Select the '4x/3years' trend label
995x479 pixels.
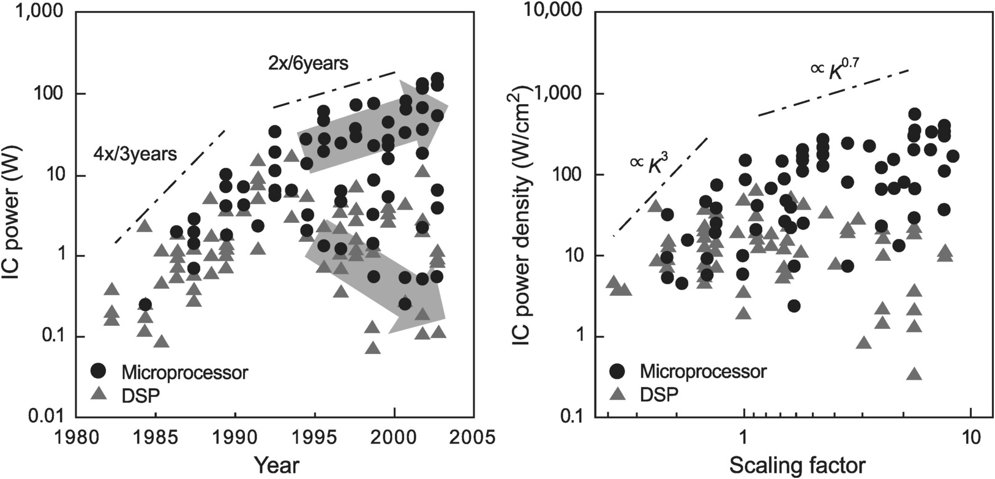pos(135,154)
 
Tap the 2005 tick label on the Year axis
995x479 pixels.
pos(472,440)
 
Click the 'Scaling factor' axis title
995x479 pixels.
pos(795,466)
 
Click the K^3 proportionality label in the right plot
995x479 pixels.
pos(652,164)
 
